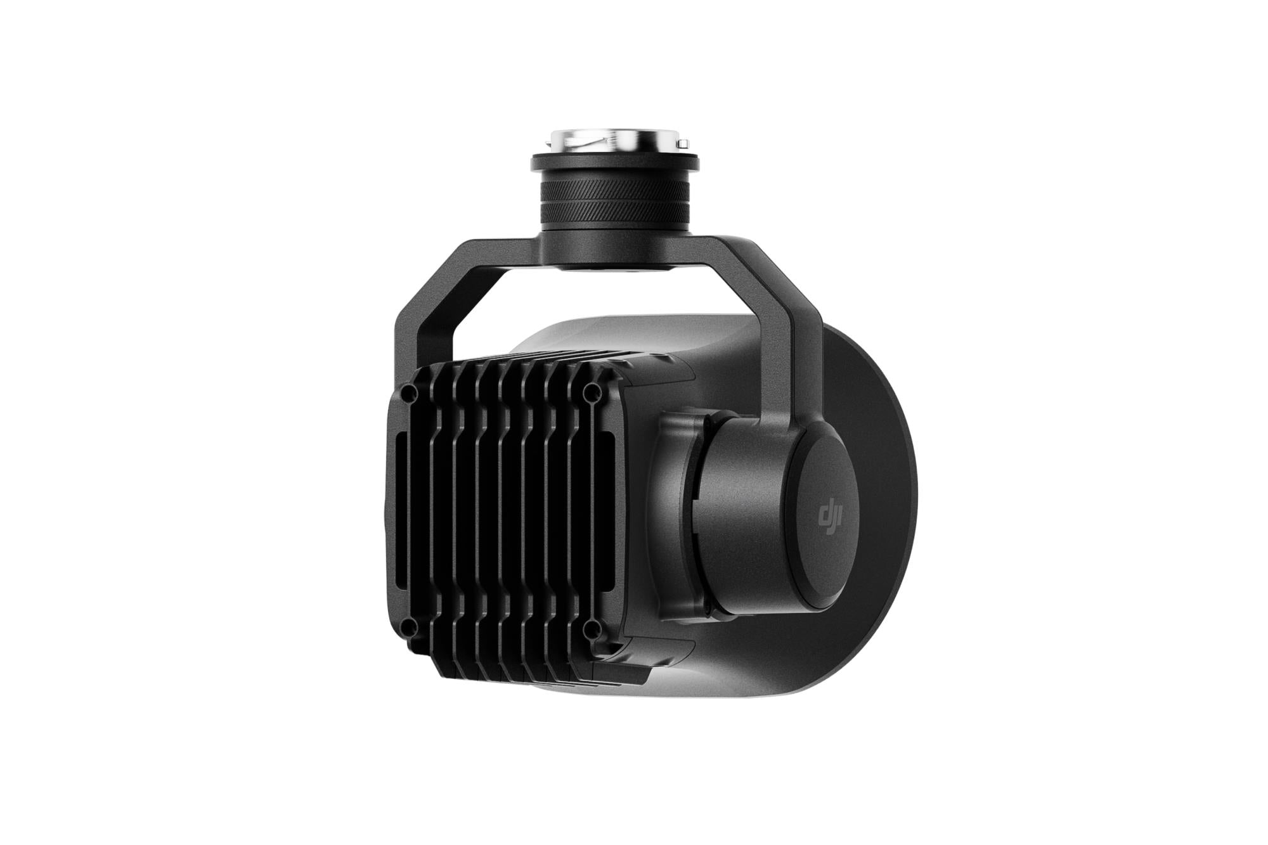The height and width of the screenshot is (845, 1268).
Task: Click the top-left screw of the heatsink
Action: coord(406,394)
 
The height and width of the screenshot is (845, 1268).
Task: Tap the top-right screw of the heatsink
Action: coord(591,389)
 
